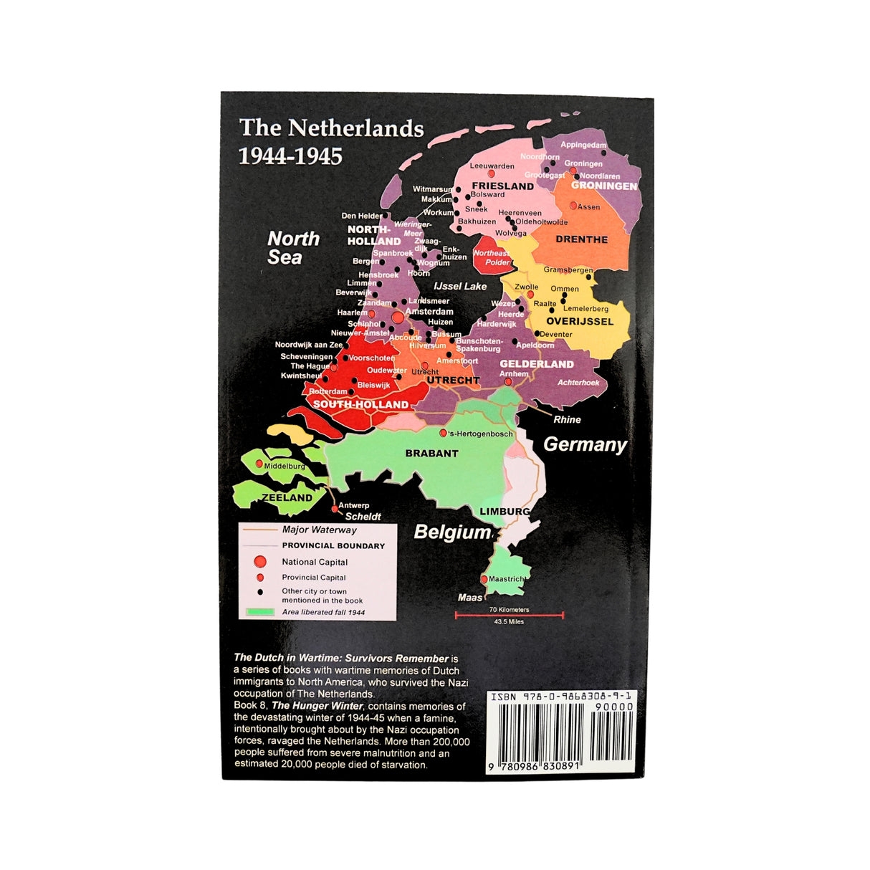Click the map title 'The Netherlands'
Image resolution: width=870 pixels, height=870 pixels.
pyautogui.click(x=331, y=128)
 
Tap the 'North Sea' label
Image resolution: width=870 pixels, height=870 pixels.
pyautogui.click(x=293, y=248)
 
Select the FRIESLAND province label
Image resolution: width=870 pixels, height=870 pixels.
pyautogui.click(x=502, y=186)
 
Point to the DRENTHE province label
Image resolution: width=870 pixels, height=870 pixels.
pyautogui.click(x=581, y=239)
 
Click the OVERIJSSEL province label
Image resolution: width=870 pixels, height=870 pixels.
pyautogui.click(x=580, y=321)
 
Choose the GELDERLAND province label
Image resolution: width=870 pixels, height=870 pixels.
pyautogui.click(x=536, y=364)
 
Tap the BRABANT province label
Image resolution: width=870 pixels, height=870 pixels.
pyautogui.click(x=431, y=454)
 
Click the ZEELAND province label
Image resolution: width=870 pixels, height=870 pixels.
pyautogui.click(x=287, y=497)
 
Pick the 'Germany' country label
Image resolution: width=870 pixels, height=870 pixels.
pyautogui.click(x=585, y=444)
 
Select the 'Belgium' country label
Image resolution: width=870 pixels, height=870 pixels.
pyautogui.click(x=452, y=532)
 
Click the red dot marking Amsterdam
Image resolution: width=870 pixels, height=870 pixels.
pyautogui.click(x=398, y=316)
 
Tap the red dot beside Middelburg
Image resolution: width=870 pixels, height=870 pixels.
pyautogui.click(x=259, y=464)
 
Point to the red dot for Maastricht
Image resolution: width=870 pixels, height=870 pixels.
pyautogui.click(x=484, y=579)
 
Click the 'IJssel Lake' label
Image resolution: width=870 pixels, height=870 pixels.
pyautogui.click(x=460, y=286)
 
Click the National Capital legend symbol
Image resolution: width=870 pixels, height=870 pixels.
pyautogui.click(x=260, y=562)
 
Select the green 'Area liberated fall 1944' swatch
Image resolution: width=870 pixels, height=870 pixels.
pyautogui.click(x=260, y=612)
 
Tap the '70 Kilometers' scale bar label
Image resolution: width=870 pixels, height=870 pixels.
pyautogui.click(x=509, y=609)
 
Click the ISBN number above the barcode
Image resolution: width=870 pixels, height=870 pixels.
pyautogui.click(x=560, y=697)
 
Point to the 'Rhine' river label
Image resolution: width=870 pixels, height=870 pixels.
pyautogui.click(x=567, y=419)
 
